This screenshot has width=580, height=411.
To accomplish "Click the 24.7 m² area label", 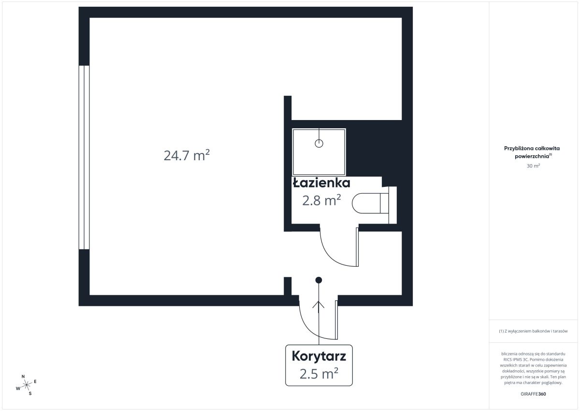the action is (187, 155).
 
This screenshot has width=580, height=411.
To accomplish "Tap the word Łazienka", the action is (321, 183).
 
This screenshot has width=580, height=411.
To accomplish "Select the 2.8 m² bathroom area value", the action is (321, 200).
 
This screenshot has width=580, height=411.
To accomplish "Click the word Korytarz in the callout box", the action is (319, 356).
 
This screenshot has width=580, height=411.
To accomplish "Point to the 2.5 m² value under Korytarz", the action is (319, 373).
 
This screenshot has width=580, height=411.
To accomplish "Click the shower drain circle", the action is (319, 143).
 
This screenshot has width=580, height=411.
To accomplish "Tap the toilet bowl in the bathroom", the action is (366, 203).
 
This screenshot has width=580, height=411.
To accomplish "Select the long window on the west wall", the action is (84, 157).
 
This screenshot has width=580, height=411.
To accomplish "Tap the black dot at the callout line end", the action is (319, 280).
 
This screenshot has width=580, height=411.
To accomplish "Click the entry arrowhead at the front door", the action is (319, 304).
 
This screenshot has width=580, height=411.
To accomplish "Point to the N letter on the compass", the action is (23, 377).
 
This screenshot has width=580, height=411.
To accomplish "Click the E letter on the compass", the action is (35, 381).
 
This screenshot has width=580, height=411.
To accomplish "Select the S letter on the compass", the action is (30, 394).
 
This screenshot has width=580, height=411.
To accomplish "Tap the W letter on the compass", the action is (18, 388).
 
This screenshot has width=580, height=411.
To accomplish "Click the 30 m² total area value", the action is (533, 166).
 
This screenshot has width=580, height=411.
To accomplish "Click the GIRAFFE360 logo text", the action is (533, 394).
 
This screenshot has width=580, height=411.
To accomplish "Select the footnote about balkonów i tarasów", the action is (533, 331).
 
